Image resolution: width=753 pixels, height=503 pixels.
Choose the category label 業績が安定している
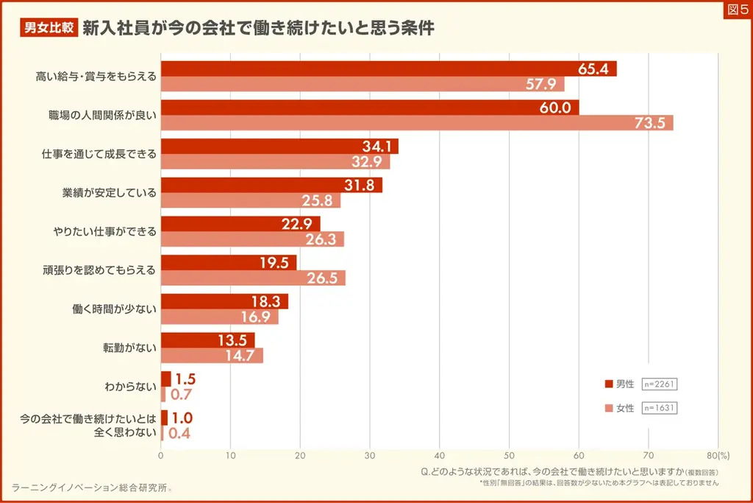coord(110,193)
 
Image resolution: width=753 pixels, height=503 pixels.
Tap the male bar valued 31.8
coord(271,185)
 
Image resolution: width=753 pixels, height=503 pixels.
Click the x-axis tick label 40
coord(440,455)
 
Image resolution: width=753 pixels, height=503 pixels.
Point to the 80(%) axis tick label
coord(718,455)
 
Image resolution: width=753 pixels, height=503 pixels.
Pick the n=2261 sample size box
coord(660,384)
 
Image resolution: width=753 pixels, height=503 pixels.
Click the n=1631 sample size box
coord(660,408)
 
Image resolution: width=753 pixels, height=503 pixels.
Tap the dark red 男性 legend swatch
coord(608,384)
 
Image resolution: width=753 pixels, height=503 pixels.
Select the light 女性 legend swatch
coord(608,408)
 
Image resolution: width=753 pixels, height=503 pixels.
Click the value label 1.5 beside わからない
coord(185,379)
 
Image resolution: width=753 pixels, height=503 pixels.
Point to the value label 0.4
coord(179,433)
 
